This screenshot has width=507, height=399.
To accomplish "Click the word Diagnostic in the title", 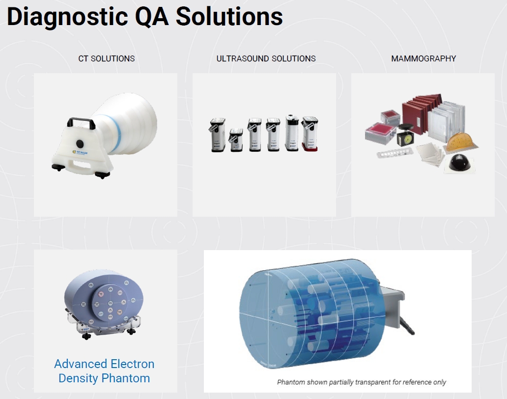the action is pos(67,17).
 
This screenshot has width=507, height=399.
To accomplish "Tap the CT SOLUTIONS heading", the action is pos(107,58).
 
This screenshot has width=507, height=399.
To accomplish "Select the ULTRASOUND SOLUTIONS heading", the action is pos(266,58).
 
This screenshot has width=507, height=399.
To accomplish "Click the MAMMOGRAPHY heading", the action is pos(423,58).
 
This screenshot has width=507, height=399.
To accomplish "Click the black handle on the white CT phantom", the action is pos(81,122).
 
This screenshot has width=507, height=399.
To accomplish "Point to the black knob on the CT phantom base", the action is pos(80,143).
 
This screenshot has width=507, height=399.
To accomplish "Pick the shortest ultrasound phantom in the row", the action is pos(236,140).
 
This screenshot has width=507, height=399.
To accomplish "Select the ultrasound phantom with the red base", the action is pos(310,134).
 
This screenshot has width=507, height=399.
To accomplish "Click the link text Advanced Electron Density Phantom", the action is pos(104,371).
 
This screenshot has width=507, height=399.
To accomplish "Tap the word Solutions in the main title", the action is pos(229,17).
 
